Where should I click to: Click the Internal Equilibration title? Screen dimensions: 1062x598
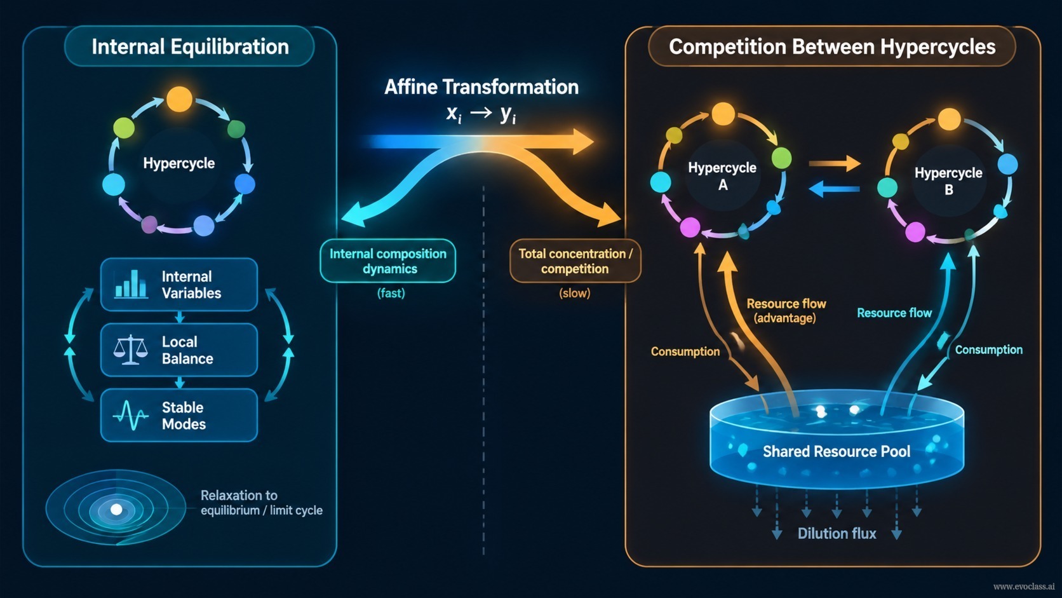(x=190, y=46)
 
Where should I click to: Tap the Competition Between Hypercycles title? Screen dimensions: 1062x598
(x=832, y=46)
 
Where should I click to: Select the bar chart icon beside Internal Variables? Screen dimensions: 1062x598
(x=130, y=284)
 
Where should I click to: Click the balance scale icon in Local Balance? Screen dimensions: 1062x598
(x=130, y=350)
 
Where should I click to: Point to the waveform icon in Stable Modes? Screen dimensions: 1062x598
(x=130, y=416)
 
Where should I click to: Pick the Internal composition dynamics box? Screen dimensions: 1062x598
(x=388, y=261)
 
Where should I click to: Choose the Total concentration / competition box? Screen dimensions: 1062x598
(x=575, y=261)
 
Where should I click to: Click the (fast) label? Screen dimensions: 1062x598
(x=391, y=293)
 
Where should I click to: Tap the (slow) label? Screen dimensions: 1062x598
(x=575, y=293)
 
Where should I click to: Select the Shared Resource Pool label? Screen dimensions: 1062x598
(x=837, y=451)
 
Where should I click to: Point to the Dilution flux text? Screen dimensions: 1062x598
(x=837, y=534)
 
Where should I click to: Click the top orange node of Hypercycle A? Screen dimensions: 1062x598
(x=723, y=114)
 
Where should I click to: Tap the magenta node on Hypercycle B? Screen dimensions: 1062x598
(x=915, y=232)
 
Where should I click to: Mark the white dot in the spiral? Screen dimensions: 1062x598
(x=116, y=510)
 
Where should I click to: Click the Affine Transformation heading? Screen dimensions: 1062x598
(x=481, y=87)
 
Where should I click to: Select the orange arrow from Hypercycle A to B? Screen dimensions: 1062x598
(x=835, y=163)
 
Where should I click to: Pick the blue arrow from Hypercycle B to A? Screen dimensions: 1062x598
(x=834, y=189)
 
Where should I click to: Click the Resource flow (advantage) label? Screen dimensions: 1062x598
(x=786, y=311)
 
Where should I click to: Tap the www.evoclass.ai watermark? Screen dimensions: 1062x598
(x=1024, y=587)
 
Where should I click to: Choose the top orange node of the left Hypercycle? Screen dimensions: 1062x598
(x=179, y=99)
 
